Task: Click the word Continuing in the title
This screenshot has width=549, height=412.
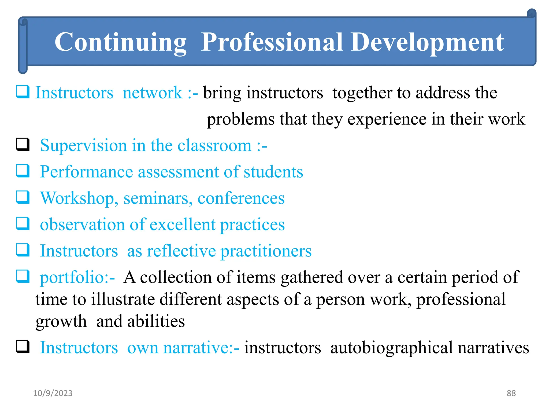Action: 120,42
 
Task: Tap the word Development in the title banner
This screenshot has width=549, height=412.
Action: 427,42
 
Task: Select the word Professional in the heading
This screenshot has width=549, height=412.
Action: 272,42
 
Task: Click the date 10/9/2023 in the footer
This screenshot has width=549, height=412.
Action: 53,393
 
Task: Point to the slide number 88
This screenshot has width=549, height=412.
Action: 511,393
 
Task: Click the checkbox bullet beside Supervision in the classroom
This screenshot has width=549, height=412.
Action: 23,145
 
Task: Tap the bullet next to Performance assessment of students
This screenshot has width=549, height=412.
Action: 23,171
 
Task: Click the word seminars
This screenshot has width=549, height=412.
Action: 158,198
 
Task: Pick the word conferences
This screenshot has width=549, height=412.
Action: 241,198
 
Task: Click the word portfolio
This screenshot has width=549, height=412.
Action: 72,278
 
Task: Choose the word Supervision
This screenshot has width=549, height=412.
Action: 83,146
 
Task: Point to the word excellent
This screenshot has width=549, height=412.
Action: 182,225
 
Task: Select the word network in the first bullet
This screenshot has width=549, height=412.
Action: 152,93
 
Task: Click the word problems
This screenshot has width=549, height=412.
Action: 240,119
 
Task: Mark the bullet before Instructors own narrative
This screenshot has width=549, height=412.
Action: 23,347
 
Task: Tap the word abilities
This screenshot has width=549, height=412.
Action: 156,321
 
